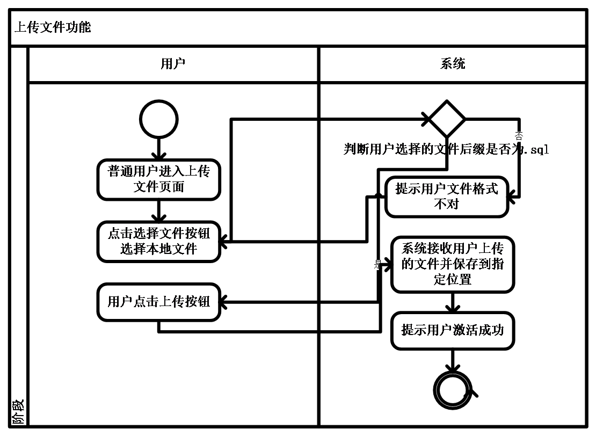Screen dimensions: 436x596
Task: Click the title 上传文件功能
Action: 53,27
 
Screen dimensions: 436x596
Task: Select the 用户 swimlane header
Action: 173,64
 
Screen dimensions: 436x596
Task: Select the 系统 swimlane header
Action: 453,64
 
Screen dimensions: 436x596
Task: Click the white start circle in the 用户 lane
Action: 159,119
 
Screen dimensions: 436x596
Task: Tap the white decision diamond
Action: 447,119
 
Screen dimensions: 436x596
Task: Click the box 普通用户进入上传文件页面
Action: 159,179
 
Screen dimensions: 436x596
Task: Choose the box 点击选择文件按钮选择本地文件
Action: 159,242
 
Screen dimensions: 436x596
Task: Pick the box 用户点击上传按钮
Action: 159,302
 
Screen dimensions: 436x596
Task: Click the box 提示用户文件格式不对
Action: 447,197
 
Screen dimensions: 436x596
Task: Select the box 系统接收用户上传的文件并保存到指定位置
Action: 453,264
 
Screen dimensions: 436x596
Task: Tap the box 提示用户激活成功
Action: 453,330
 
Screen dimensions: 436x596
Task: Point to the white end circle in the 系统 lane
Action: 453,390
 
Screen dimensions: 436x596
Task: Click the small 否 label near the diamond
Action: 519,137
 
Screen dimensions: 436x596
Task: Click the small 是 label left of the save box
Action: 378,264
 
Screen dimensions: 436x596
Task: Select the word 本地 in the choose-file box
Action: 159,249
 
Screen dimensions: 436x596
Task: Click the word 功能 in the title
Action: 78,27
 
